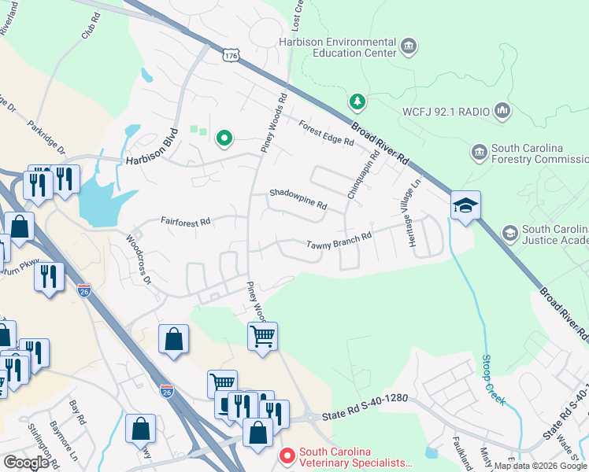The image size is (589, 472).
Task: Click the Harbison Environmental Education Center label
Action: coord(337,47)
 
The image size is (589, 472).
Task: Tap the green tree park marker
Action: coord(357,101)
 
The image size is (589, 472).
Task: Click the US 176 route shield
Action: coord(230,56)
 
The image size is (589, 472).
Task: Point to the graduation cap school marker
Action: coord(465,206)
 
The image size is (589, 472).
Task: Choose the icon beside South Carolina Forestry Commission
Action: coord(478,151)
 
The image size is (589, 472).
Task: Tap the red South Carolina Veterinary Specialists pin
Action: coord(287,455)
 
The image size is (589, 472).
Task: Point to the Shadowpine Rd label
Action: coord(298,198)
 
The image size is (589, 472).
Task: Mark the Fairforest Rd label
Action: coord(187,222)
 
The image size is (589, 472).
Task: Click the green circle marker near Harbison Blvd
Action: coord(224,139)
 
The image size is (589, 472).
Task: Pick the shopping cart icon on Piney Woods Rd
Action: coord(262,337)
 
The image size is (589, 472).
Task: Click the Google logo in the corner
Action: coord(26,463)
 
